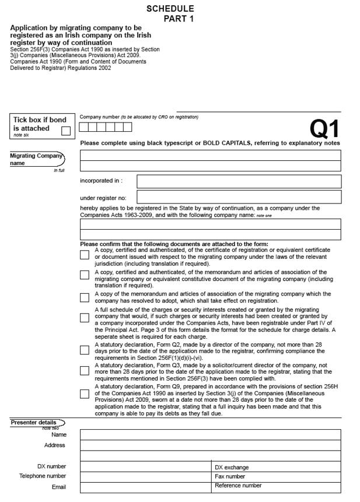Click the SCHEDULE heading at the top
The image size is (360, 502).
tap(170, 9)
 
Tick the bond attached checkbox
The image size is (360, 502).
tap(66, 131)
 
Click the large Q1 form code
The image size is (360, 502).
tap(324, 129)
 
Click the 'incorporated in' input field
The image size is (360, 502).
tap(239, 181)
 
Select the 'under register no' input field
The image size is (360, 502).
tap(239, 197)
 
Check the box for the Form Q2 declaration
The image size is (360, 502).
tap(85, 350)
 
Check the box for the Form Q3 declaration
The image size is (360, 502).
tap(85, 370)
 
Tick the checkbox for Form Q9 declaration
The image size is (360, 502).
tap(85, 394)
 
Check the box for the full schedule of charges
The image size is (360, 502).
tap(85, 318)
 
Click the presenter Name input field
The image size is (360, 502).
tap(210, 434)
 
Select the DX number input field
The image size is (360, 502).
tap(145, 466)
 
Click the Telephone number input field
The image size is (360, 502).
tap(145, 476)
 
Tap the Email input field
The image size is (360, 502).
tap(145, 487)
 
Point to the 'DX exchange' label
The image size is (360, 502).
tap(232, 467)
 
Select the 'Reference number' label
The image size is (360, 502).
tap(238, 485)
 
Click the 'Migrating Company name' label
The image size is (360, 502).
tap(35, 159)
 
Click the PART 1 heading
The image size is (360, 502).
tap(179, 19)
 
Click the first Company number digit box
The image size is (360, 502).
tap(84, 127)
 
